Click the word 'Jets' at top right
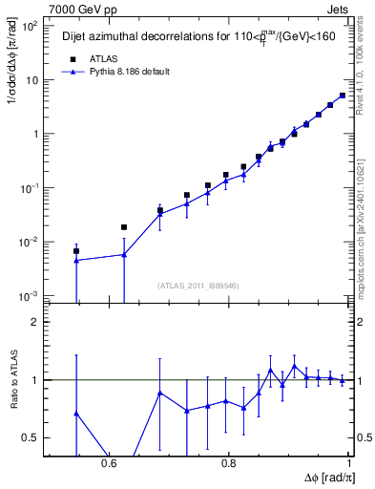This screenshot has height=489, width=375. (339, 8)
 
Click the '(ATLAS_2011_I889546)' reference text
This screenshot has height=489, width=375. (198, 285)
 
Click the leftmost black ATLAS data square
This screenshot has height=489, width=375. (76, 251)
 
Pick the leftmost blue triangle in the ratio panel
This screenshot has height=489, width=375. (76, 414)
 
